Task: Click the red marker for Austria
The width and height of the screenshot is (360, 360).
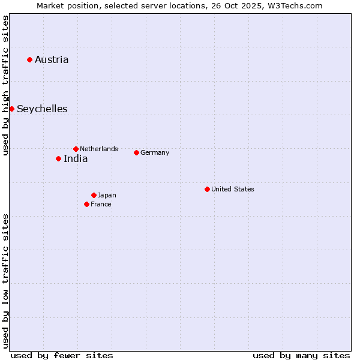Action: pos(29,59)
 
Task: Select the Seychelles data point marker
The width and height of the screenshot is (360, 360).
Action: pos(11,109)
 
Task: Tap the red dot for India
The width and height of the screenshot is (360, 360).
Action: pos(58,158)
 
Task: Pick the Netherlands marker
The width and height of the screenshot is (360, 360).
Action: pos(76,149)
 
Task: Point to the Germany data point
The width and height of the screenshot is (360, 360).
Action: pos(136,152)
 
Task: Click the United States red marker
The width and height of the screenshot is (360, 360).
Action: pos(207,189)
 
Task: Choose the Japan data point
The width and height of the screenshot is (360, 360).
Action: pos(94,195)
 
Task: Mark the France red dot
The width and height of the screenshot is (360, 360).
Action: pos(86,204)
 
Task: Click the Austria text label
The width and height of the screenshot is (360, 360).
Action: pos(52,59)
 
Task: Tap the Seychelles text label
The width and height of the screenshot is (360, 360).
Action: pos(42,109)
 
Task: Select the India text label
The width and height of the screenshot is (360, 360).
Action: pos(76,159)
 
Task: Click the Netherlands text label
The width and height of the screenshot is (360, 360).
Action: pos(99,149)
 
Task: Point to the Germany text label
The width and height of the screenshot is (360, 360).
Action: pos(155,152)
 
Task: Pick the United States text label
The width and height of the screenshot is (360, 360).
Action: pos(233,189)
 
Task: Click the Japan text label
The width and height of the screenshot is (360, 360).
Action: pos(107,195)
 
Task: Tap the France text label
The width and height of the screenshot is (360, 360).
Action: pos(101,204)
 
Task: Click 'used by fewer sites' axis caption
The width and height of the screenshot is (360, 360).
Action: pos(62,355)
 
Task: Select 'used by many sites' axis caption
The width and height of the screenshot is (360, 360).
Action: pos(301,355)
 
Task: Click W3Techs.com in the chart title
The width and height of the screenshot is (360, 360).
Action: pos(295,5)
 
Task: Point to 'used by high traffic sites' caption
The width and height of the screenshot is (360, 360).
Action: pos(6,86)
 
